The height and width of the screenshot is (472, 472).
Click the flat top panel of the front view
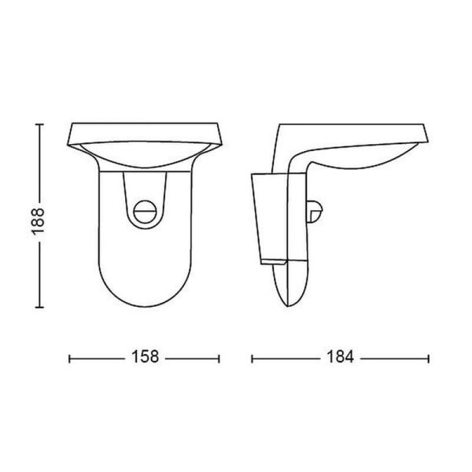145,130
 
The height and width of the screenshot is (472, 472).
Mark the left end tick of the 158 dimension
71,358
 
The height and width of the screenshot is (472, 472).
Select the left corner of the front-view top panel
72,129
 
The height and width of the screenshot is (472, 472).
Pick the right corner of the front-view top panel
219,129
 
